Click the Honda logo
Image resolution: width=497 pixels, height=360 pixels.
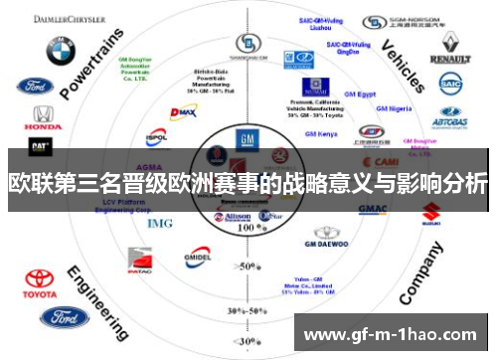pos(41,116)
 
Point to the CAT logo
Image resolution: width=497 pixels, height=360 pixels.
pos(41,145)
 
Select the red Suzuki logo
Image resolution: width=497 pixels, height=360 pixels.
pos(431,211)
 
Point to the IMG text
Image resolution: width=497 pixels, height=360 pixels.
pos(160,223)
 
